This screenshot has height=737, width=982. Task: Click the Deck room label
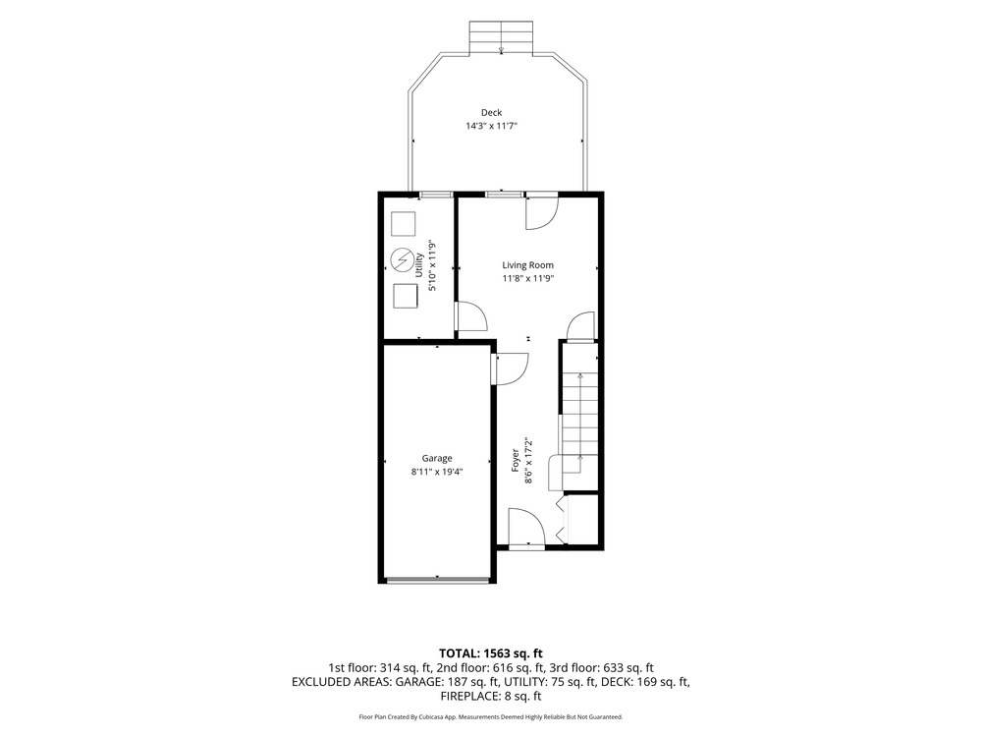pos(492,113)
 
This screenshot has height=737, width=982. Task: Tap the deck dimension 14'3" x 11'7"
pos(492,126)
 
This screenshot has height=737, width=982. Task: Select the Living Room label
pos(528,265)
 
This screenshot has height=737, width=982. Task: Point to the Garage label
pos(437,458)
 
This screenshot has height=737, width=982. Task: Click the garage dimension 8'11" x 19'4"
pos(437,472)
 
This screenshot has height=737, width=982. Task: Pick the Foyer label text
pos(516,460)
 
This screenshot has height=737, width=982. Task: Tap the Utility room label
pos(419,265)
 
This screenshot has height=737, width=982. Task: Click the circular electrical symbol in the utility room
pos(403,260)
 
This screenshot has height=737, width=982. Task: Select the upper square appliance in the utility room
pos(404,224)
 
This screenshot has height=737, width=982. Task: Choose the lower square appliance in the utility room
pos(406,296)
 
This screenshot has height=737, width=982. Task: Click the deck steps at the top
pos(501,36)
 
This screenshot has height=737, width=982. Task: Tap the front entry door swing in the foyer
pos(526,527)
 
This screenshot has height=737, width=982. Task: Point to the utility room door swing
pos(471,315)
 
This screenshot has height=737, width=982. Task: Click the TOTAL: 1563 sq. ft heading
pos(490,654)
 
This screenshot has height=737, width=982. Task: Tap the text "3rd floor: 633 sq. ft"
pos(601,668)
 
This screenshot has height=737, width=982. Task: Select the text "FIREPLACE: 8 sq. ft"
pos(490,696)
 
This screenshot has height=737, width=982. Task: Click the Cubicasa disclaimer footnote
pos(490,716)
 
